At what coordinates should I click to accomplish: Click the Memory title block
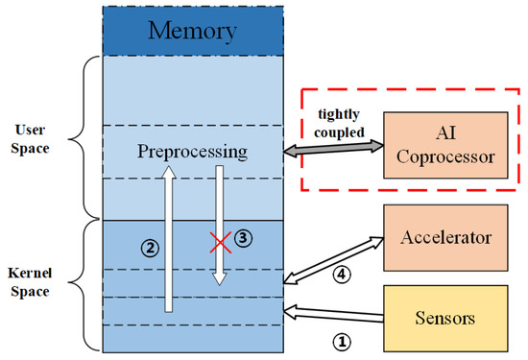point(191,30)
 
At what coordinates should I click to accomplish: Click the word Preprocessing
point(191,153)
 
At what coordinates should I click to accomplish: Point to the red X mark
point(222,243)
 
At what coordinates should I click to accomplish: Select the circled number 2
point(149,247)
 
